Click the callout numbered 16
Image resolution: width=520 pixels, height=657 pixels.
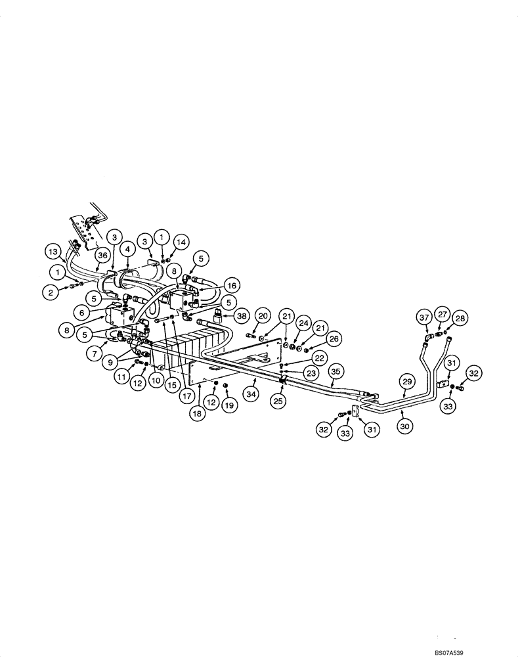230,285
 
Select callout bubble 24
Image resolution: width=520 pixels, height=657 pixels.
303,323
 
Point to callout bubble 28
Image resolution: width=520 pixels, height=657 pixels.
460,318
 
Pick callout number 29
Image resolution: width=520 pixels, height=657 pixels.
406,382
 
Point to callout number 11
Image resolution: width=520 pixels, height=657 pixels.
121,376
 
